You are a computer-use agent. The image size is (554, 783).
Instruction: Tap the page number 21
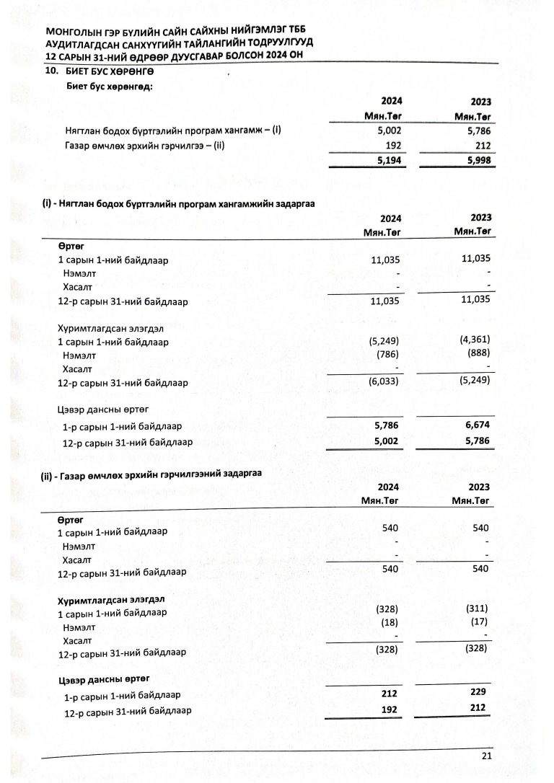tap(485, 755)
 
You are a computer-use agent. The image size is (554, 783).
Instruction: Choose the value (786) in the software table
tap(387, 354)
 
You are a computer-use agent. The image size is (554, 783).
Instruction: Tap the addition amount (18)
tap(388, 622)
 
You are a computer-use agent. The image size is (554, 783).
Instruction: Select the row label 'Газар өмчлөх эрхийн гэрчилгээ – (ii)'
tap(145, 146)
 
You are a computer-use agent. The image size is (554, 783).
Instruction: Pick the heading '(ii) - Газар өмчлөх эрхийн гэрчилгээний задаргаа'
tap(151, 473)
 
